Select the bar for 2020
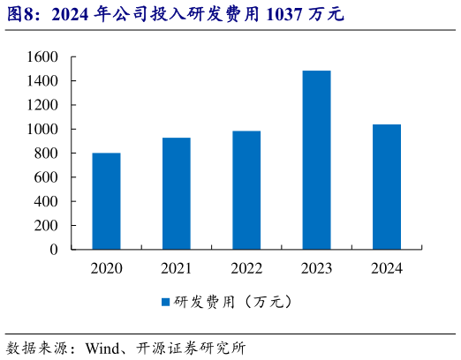[x=106, y=201]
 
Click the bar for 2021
[x=176, y=193]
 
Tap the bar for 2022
[x=246, y=190]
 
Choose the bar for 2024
[x=386, y=187]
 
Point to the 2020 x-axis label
[x=106, y=267]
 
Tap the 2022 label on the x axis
[x=246, y=267]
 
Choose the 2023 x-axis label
[x=316, y=267]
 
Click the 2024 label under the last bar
[x=386, y=267]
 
